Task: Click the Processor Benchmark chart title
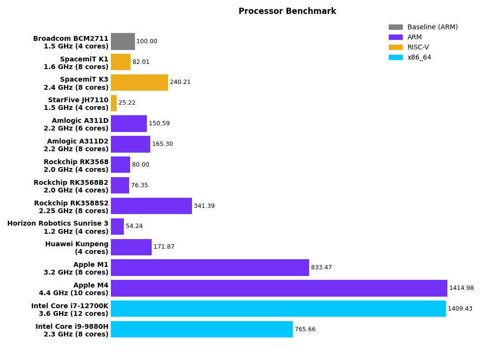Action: click(287, 11)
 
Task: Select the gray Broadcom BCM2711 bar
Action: click(123, 41)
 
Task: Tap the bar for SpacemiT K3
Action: click(139, 83)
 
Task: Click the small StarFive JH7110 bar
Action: click(114, 103)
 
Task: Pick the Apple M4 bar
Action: click(279, 288)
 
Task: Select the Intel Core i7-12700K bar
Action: click(278, 309)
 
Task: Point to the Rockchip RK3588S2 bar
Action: click(151, 206)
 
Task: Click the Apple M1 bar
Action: click(210, 267)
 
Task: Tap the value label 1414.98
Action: click(461, 288)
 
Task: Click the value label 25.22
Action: click(127, 103)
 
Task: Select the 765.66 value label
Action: click(305, 329)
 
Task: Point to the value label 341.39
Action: click(204, 206)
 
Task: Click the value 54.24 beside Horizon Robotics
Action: click(134, 227)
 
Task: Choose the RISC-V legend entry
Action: click(418, 48)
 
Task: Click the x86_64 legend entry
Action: click(419, 58)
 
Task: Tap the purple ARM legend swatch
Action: click(396, 37)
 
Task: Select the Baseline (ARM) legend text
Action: click(432, 27)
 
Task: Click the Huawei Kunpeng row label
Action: click(77, 248)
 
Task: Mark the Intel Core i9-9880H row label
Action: click(72, 330)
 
